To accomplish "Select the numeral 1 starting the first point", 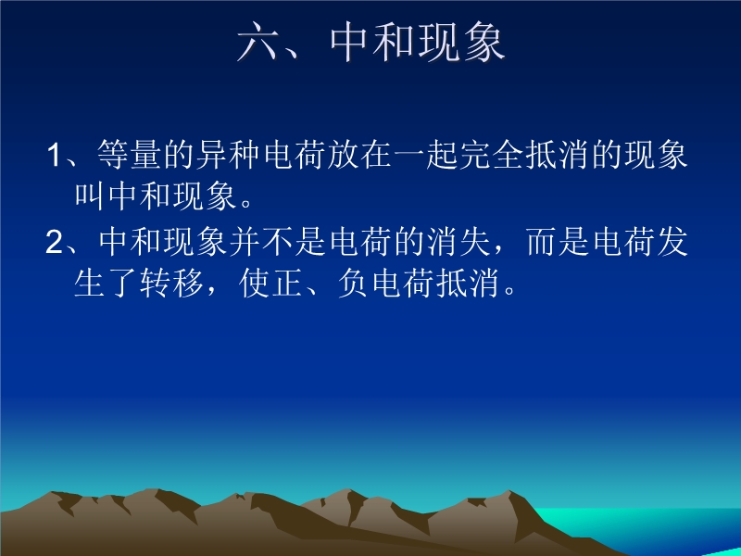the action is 54,155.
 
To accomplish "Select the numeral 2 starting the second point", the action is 54,242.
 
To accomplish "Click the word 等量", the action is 129,155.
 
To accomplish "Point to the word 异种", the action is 227,155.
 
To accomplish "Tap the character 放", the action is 342,155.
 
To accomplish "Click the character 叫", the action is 89,196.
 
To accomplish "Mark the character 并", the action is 245,242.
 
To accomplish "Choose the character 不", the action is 277,242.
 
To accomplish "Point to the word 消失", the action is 458,242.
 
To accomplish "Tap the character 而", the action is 542,242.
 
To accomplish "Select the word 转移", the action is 171,284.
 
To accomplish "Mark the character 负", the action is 354,284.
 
